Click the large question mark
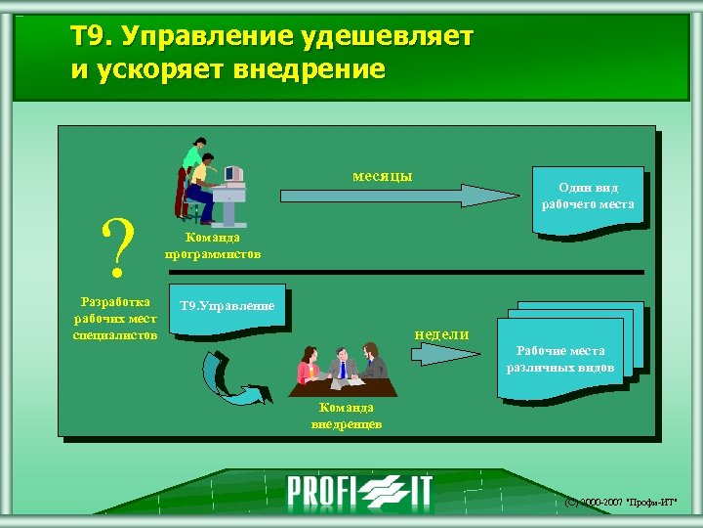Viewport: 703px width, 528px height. click(118, 246)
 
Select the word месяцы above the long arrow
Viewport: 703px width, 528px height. click(382, 176)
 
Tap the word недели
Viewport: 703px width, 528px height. click(441, 333)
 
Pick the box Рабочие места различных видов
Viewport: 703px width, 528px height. click(560, 358)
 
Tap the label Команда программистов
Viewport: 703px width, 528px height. click(213, 245)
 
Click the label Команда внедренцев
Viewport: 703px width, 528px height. click(346, 416)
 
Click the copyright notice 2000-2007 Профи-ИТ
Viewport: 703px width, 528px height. click(622, 503)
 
